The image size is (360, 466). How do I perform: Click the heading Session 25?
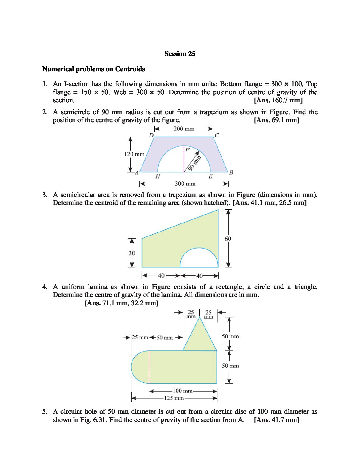point(180,54)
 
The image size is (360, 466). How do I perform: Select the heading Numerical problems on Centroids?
point(94,69)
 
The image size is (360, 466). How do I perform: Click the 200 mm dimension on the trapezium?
point(184,129)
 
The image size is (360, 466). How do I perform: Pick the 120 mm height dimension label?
point(134,154)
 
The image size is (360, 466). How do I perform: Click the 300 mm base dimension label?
point(185,184)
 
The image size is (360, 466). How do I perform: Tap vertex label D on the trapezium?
point(151,135)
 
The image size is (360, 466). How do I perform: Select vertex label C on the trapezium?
point(217,135)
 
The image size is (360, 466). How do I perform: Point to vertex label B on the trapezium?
point(231,172)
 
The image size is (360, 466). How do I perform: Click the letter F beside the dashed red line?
point(187,150)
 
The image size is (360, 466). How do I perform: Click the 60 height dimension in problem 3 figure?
point(228,239)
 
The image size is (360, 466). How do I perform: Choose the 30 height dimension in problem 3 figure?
point(132,253)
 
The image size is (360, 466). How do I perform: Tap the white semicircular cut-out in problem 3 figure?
point(199,259)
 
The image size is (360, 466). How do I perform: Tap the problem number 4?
point(45,287)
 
